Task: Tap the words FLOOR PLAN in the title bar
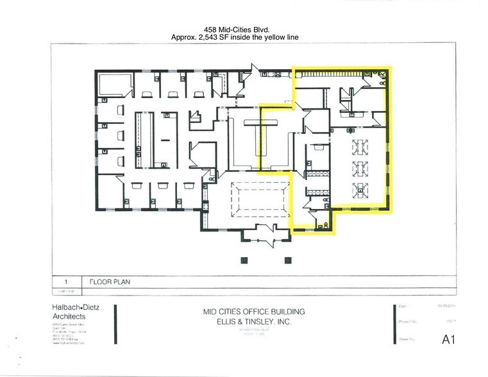click(110, 281)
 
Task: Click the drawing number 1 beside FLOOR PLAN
click(65, 281)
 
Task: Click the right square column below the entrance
click(289, 259)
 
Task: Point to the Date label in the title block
click(403, 307)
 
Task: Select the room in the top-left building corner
click(116, 87)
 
